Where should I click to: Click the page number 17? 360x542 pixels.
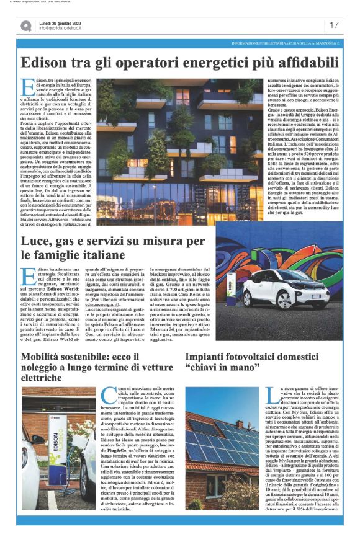tap(334, 25)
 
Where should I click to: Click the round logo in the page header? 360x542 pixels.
tap(25, 25)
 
